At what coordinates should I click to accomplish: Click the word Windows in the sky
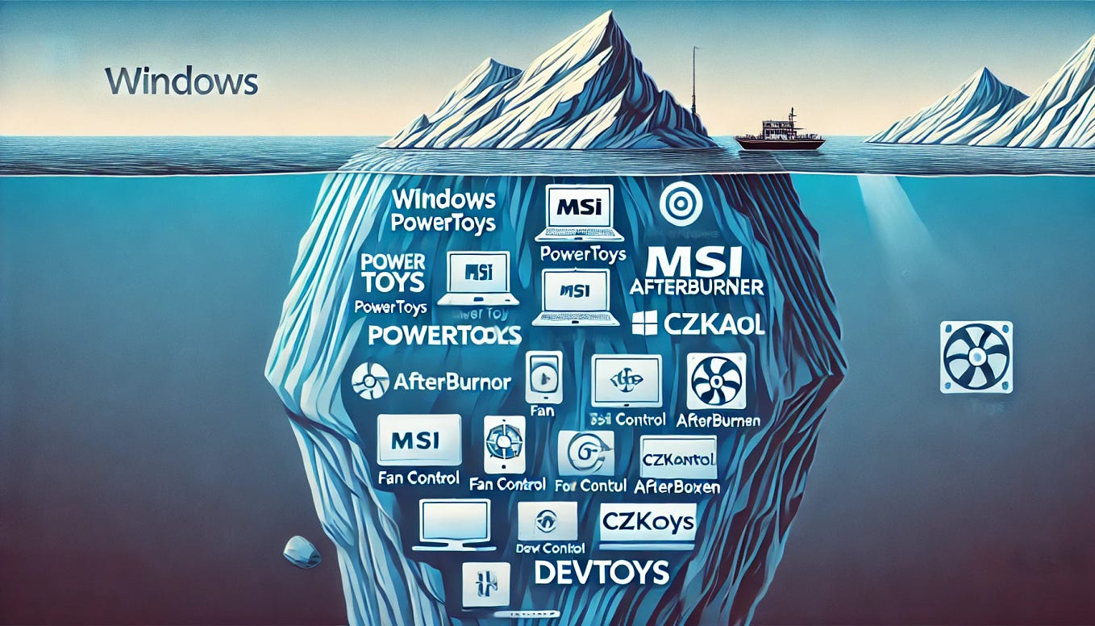point(181,81)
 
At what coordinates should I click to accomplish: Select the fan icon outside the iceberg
point(976,357)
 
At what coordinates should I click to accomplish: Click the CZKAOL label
point(714,325)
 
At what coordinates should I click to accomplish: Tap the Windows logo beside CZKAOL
point(644,323)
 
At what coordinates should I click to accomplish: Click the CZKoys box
point(647,523)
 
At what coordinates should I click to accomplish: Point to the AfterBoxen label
point(677,486)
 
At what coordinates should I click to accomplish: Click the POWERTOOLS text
point(443,336)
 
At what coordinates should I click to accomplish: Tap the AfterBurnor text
point(452,382)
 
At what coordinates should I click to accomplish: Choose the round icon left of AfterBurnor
point(371,382)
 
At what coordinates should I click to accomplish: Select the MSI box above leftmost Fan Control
point(418,440)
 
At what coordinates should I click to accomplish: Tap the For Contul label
point(585,486)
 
